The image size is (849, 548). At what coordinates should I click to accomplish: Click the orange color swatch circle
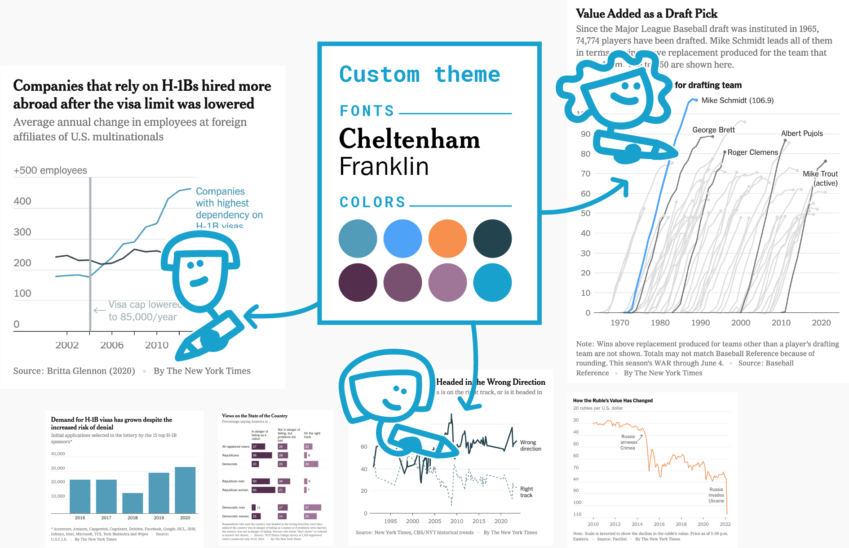coord(447,238)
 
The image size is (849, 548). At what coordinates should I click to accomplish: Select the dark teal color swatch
coord(492,238)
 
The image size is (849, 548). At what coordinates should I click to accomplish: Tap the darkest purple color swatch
coord(358,282)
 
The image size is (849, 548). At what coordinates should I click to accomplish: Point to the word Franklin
coord(384,166)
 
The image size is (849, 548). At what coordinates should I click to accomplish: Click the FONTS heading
coord(367,111)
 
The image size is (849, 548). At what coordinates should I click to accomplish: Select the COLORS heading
coord(372,202)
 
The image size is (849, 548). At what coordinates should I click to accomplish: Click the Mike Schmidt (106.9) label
coord(737,100)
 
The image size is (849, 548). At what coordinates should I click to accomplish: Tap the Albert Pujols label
coord(802,134)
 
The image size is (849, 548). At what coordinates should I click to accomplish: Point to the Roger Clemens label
coord(752,152)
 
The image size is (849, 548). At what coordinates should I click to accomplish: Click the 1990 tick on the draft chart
coord(700,323)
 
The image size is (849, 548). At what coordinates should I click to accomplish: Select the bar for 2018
coord(133,503)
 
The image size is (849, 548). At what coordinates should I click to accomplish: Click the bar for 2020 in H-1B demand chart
coord(185,490)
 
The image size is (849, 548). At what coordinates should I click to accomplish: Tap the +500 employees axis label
coord(50,170)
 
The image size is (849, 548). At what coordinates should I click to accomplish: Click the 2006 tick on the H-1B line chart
coord(112,345)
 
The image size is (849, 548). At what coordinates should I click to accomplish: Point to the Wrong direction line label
coord(531,446)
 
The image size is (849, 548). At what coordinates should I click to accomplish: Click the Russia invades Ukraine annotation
coord(716,495)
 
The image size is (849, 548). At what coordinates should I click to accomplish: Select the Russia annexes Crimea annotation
coord(628,442)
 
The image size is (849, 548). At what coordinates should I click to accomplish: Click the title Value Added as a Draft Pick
coord(646,14)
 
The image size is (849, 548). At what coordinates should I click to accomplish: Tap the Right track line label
coord(526,492)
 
